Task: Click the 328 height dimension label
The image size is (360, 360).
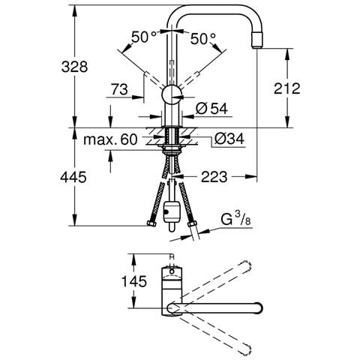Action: [74, 67]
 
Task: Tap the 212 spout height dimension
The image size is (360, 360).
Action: [286, 88]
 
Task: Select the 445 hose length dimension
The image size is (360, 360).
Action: [73, 177]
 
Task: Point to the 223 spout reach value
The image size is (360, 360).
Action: [214, 177]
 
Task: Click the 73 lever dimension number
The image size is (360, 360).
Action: [119, 89]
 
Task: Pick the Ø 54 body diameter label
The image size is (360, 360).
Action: [211, 109]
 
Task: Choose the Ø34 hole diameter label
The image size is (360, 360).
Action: [229, 138]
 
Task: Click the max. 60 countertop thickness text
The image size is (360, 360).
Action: [110, 139]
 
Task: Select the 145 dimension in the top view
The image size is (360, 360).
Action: [133, 281]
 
